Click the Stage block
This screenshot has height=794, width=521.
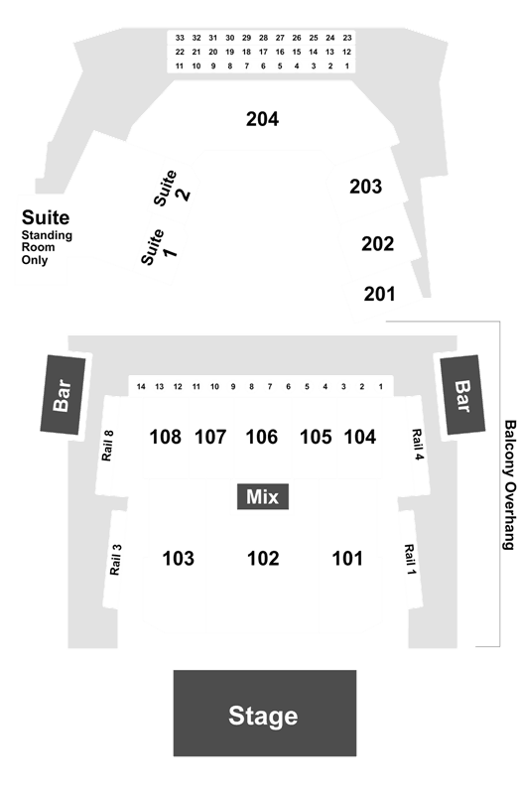264,713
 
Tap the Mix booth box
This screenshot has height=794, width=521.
263,496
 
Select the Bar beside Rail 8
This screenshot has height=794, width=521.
63,394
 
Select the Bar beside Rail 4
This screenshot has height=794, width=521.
462,394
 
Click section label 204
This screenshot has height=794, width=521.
262,119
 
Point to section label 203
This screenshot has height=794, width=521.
365,187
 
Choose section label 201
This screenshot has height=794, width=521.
379,294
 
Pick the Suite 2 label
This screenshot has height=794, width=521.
172,188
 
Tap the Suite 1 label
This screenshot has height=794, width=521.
159,246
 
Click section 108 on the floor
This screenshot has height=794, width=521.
165,437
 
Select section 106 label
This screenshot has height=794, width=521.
261,437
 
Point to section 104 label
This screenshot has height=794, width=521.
360,437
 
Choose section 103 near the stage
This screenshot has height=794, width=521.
179,559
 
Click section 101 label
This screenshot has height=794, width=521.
347,559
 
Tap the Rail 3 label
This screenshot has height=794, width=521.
115,560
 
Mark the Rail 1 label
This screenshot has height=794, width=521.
410,559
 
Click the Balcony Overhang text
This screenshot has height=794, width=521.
510,484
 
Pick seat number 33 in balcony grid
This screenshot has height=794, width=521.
180,38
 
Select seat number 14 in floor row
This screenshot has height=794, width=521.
141,387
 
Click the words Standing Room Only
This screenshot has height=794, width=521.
47,247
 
